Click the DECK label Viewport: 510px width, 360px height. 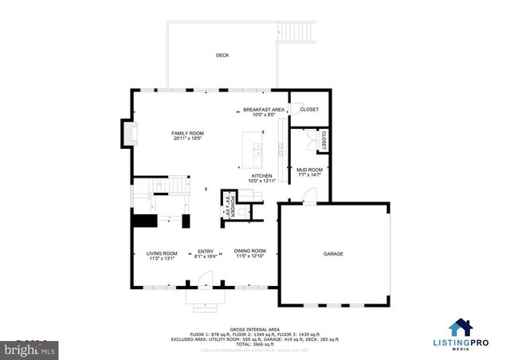222,55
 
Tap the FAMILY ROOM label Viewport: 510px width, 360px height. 188,135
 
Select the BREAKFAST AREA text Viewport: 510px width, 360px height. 264,112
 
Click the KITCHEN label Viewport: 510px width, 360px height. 261,178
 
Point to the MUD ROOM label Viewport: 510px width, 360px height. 309,171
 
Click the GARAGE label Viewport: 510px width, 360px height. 333,253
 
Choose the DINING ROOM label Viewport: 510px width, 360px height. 249,254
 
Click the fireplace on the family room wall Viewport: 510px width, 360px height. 126,134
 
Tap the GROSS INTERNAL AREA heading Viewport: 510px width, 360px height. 255,328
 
